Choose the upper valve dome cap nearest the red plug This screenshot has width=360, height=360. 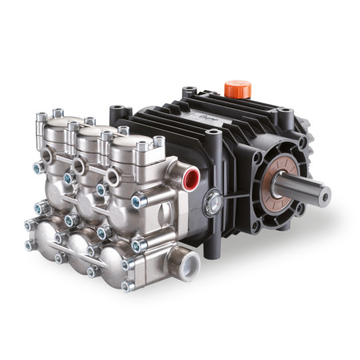[131, 147]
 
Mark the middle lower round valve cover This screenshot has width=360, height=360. [81, 248]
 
